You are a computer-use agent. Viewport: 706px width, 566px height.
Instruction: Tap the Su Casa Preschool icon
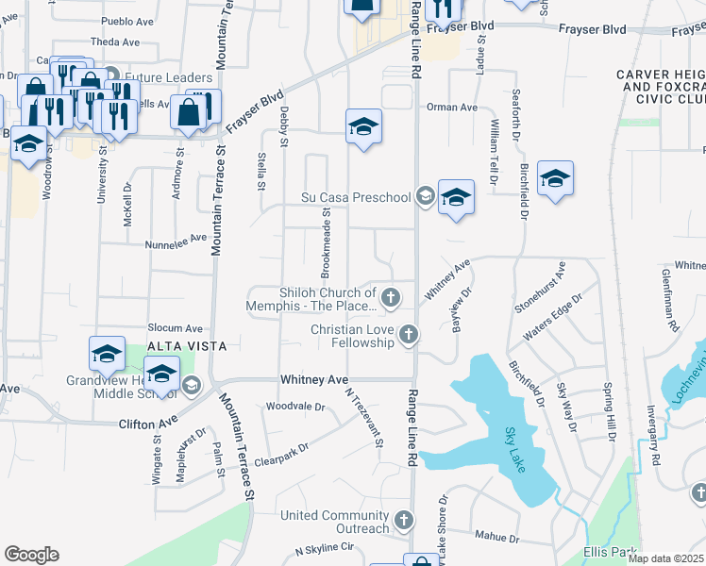[425, 197]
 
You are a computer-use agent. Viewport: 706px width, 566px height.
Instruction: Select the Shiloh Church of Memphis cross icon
[389, 299]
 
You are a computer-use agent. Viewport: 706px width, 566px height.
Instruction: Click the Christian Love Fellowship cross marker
[408, 334]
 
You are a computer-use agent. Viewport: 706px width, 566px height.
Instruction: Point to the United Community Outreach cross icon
[403, 521]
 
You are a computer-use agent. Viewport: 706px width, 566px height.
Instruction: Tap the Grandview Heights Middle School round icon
[191, 384]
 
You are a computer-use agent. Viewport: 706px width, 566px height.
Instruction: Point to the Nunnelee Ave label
[176, 241]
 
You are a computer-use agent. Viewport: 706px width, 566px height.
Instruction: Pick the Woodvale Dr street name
[295, 407]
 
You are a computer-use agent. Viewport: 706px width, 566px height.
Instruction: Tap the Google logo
[31, 555]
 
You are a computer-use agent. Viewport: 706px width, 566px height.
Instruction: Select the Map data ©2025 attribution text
[665, 558]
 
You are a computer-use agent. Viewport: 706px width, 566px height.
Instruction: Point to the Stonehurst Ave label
[539, 288]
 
